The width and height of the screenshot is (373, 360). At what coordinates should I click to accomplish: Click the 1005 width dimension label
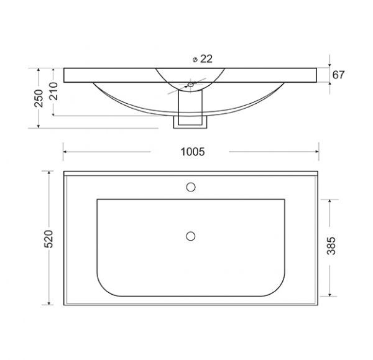(x=193, y=152)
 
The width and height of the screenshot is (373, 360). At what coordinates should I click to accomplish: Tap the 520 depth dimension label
(x=48, y=239)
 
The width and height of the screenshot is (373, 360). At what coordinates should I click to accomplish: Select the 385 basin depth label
(x=331, y=246)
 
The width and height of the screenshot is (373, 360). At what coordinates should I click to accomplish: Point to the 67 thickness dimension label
(x=338, y=75)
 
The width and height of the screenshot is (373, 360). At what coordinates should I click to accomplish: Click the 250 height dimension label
(x=39, y=98)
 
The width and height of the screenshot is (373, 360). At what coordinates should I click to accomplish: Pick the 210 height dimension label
(x=53, y=91)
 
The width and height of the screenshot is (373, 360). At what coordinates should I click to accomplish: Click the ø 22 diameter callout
(x=203, y=59)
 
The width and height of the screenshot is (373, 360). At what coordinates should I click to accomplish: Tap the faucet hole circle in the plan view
(x=191, y=187)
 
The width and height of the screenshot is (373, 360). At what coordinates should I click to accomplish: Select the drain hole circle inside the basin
(x=191, y=236)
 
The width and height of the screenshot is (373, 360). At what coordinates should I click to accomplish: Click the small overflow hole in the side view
(x=191, y=85)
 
